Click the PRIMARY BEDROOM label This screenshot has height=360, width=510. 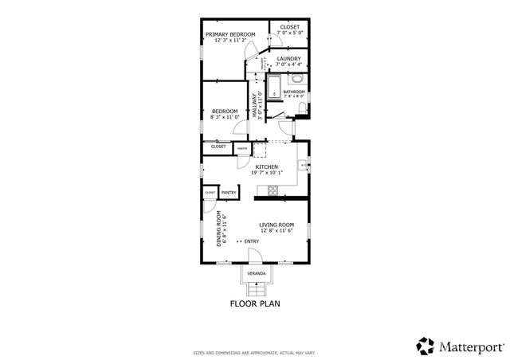pos(230,34)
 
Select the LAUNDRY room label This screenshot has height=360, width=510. pos(288,58)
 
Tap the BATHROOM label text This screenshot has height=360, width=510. pos(294,92)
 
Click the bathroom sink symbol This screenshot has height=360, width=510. pos(296,78)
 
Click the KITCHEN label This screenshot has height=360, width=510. pos(266,166)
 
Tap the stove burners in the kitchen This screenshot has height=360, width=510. pos(273,190)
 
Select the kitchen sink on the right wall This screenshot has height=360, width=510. pos(304,165)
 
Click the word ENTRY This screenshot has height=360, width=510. pos(251,241)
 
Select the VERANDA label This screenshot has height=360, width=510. pos(256,273)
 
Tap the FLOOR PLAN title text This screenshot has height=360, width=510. pos(255,303)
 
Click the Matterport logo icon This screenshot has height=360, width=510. pos(426,346)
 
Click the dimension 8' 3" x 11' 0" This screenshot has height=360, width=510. pos(225,117)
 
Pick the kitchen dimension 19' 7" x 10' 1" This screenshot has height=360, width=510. pos(266,173)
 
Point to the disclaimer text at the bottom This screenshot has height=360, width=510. pos(255,352)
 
